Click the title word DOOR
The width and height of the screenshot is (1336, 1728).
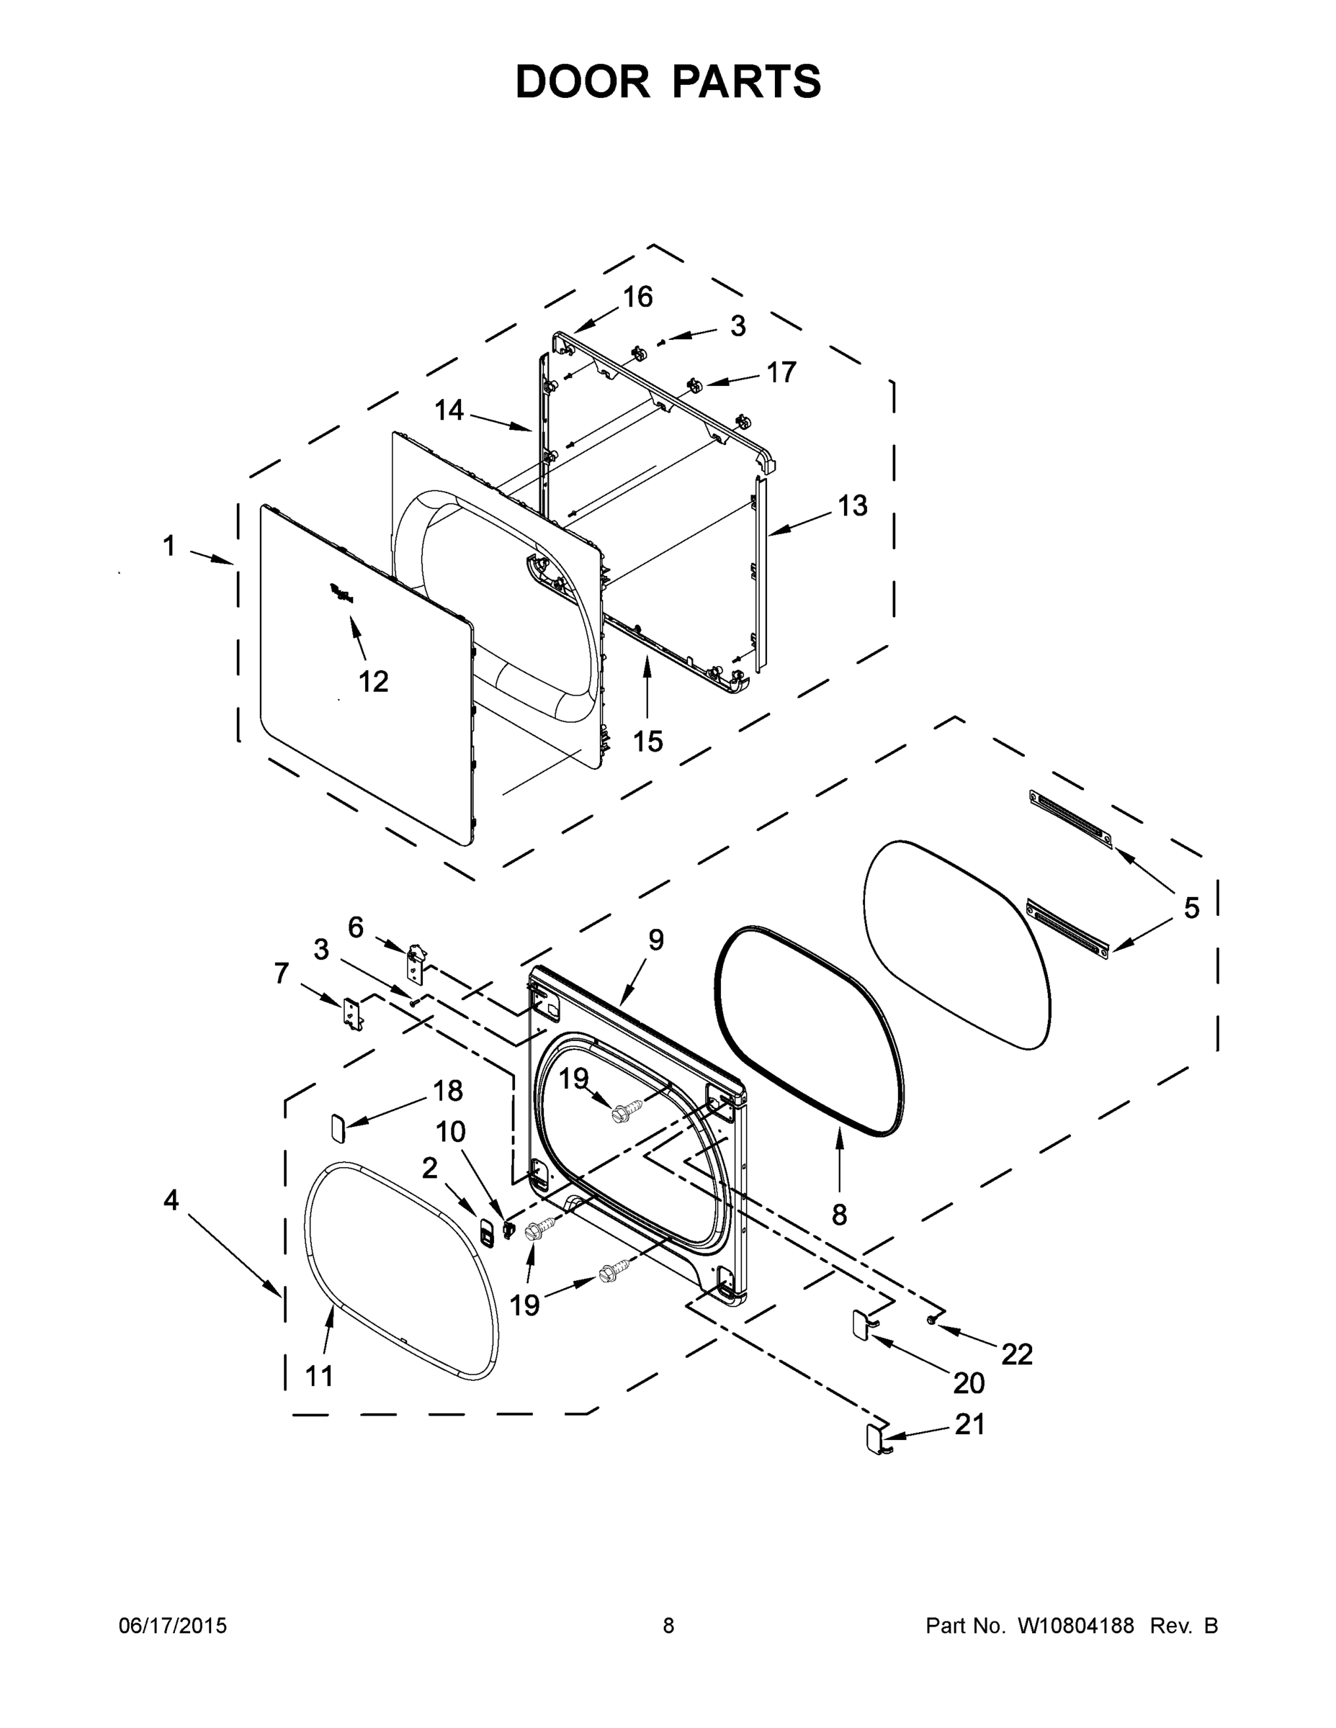pos(583,81)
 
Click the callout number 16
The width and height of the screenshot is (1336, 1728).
pos(637,297)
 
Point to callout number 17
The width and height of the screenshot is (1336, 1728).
pos(781,372)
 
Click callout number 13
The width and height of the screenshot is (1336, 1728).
pos(853,505)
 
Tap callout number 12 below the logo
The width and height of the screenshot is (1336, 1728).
pos(374,680)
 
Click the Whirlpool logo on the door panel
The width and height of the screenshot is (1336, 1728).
pos(342,593)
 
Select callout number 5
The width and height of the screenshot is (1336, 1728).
pos(1191,907)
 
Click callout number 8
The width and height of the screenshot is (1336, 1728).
pos(839,1214)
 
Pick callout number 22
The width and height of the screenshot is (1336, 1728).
pos(1017,1354)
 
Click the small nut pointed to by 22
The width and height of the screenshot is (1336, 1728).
pos(933,1320)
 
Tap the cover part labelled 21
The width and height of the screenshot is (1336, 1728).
pos(874,1439)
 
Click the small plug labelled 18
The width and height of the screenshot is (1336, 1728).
pos(336,1126)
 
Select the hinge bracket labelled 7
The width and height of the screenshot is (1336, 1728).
pos(352,1014)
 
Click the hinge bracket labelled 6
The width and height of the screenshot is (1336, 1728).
pos(416,960)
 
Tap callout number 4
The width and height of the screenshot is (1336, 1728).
pos(171,1200)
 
